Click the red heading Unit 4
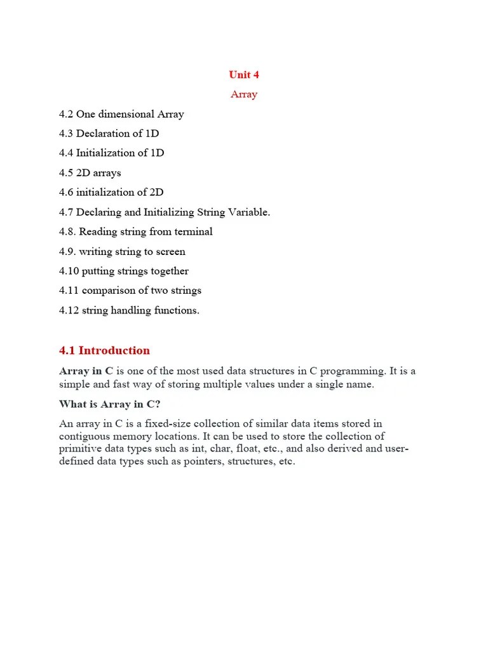(x=244, y=74)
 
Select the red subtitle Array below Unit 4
(x=244, y=94)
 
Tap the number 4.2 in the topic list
(x=66, y=114)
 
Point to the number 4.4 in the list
(x=66, y=153)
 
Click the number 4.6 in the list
(x=66, y=193)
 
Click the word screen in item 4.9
(x=170, y=252)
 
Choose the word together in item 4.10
(x=168, y=271)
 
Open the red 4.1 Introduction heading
(x=104, y=350)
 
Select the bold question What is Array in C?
(x=109, y=404)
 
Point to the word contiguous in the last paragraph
(x=86, y=437)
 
